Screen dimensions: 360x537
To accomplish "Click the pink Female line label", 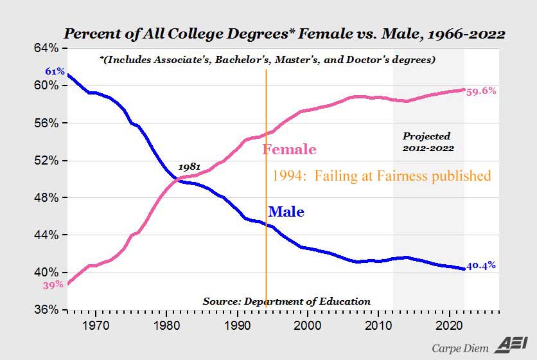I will click(x=289, y=150).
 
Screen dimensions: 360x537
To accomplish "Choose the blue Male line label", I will click(x=286, y=212).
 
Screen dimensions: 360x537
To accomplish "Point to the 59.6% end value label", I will click(x=480, y=91).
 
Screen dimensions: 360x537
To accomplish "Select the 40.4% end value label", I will click(x=480, y=265).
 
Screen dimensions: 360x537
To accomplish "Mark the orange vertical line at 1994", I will click(x=266, y=244).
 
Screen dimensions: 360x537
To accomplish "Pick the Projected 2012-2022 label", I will click(x=428, y=141).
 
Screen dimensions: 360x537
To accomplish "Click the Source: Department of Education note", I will click(x=286, y=301).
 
